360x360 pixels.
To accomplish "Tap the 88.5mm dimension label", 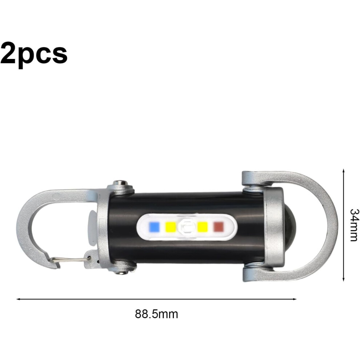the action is tap(156, 314).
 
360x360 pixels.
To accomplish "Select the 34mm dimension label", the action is tap(353, 225).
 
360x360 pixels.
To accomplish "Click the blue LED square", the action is tap(154, 227).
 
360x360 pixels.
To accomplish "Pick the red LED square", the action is tap(218, 227).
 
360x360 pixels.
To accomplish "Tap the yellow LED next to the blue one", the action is tap(171, 227).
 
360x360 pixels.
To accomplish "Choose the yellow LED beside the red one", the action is tap(203, 227).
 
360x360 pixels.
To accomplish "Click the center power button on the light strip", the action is tap(187, 227).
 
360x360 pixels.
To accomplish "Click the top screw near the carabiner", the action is tap(120, 183).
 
